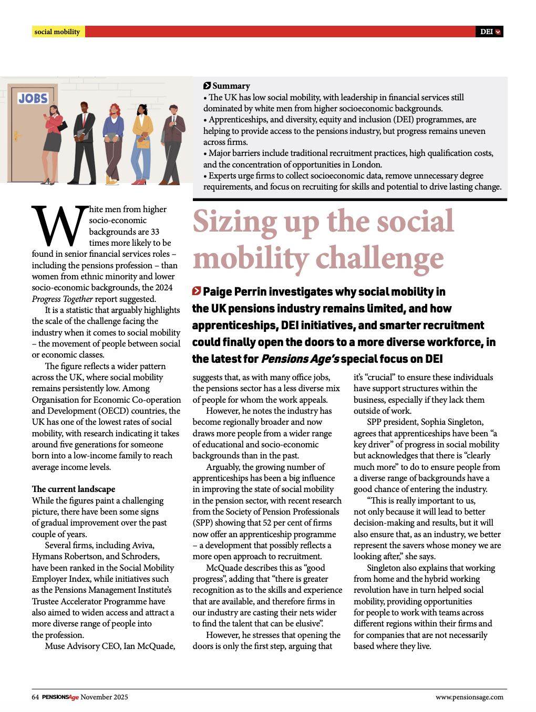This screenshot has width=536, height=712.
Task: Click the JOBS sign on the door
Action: coord(33,98)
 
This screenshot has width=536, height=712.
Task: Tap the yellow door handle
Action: coord(16,136)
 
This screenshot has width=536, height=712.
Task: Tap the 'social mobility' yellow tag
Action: coord(57,32)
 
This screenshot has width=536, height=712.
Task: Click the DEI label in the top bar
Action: coord(487,32)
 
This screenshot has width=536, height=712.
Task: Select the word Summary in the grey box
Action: coord(231,86)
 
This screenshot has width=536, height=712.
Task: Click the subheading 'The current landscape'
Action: coord(73,489)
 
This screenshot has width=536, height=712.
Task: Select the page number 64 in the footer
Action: coord(35,697)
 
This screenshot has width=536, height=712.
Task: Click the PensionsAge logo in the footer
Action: coord(60,697)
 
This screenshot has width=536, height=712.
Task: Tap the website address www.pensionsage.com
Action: coord(469,697)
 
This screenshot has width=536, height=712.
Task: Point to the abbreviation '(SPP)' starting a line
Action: coord(204,522)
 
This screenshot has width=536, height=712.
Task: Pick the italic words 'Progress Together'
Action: coord(62,299)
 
